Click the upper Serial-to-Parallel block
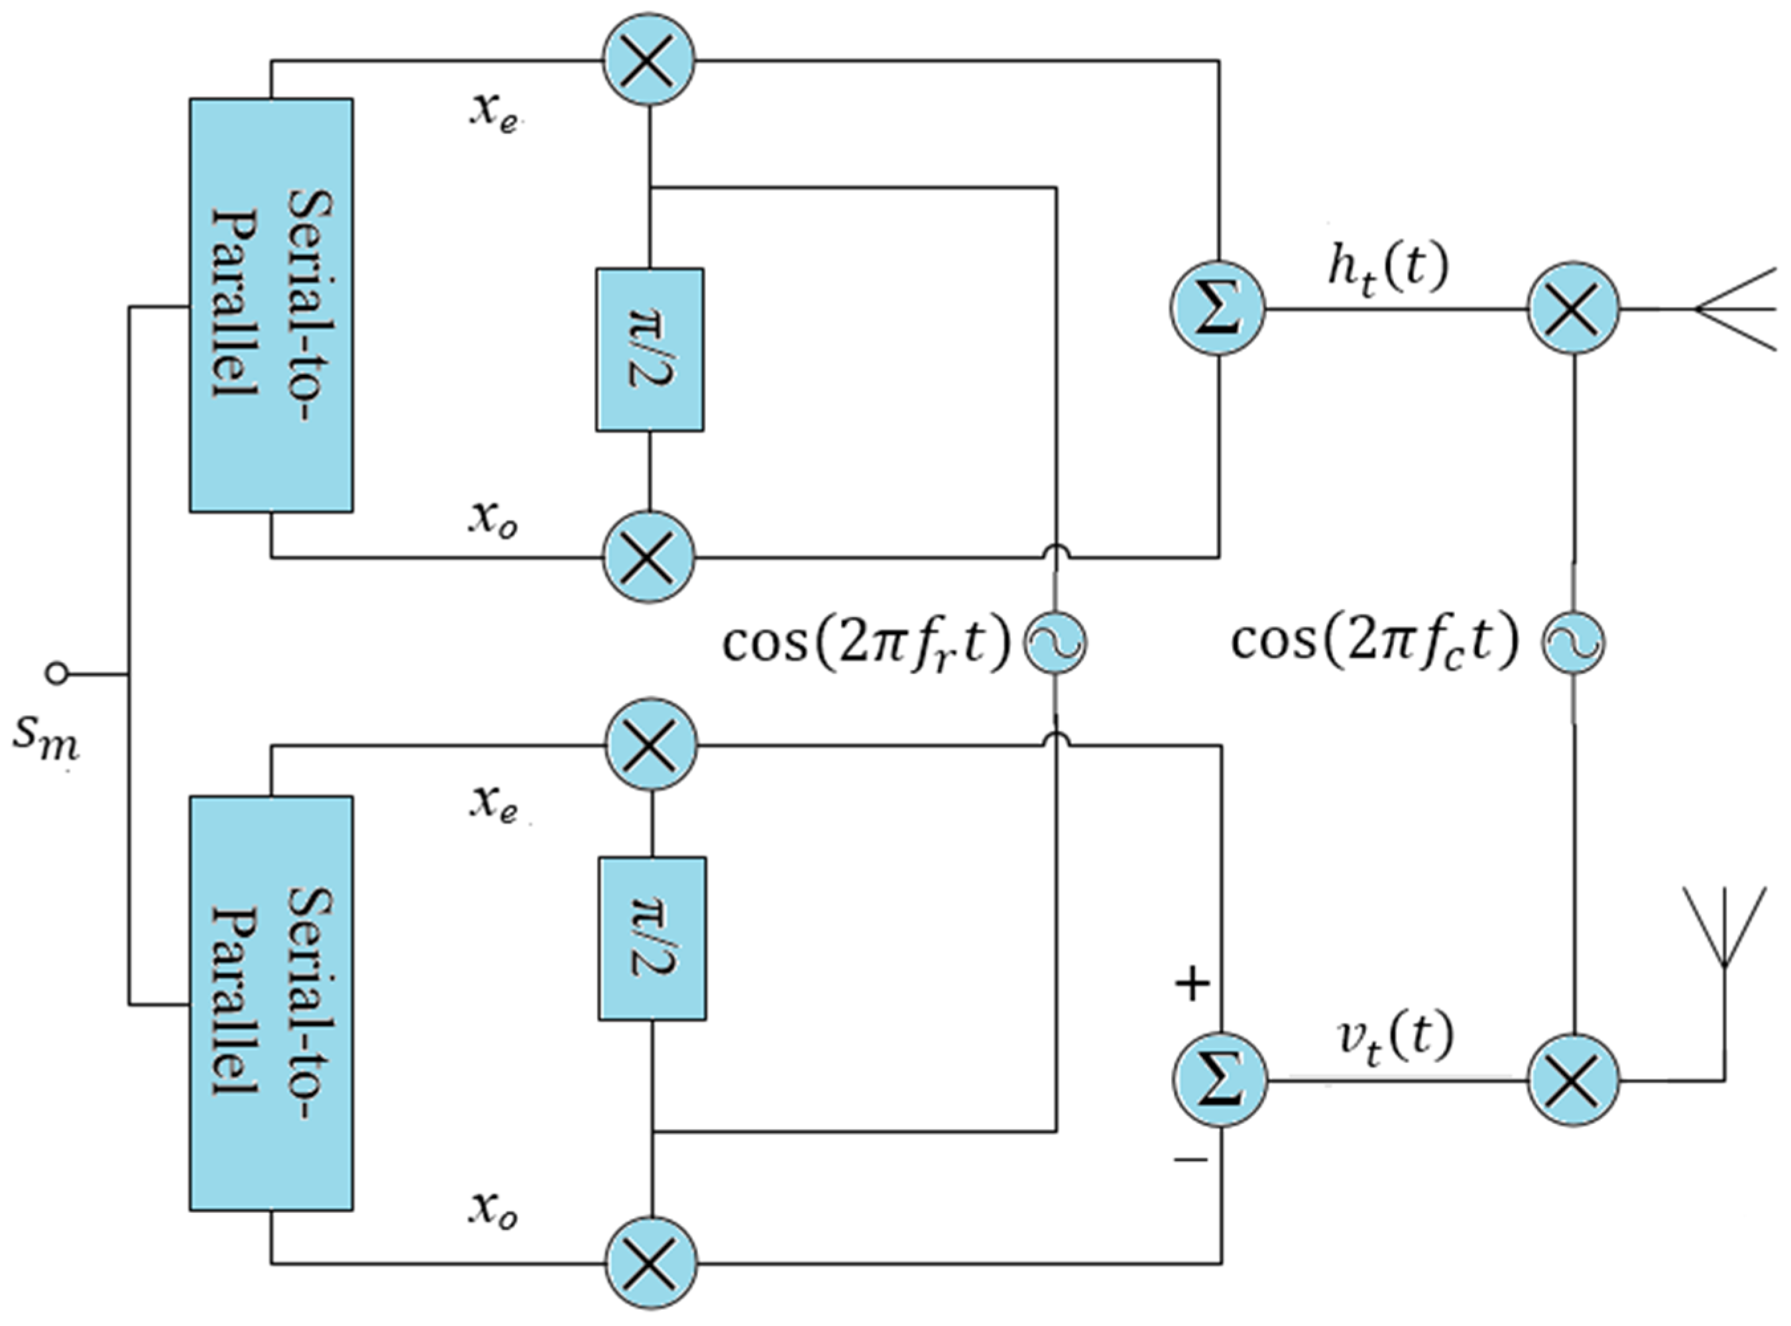click(x=271, y=305)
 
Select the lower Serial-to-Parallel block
click(x=271, y=1003)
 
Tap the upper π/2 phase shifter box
click(x=650, y=350)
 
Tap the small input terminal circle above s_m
click(x=56, y=673)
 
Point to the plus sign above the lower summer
click(x=1192, y=983)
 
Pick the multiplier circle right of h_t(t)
click(x=1574, y=308)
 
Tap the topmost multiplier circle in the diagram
click(x=649, y=61)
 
